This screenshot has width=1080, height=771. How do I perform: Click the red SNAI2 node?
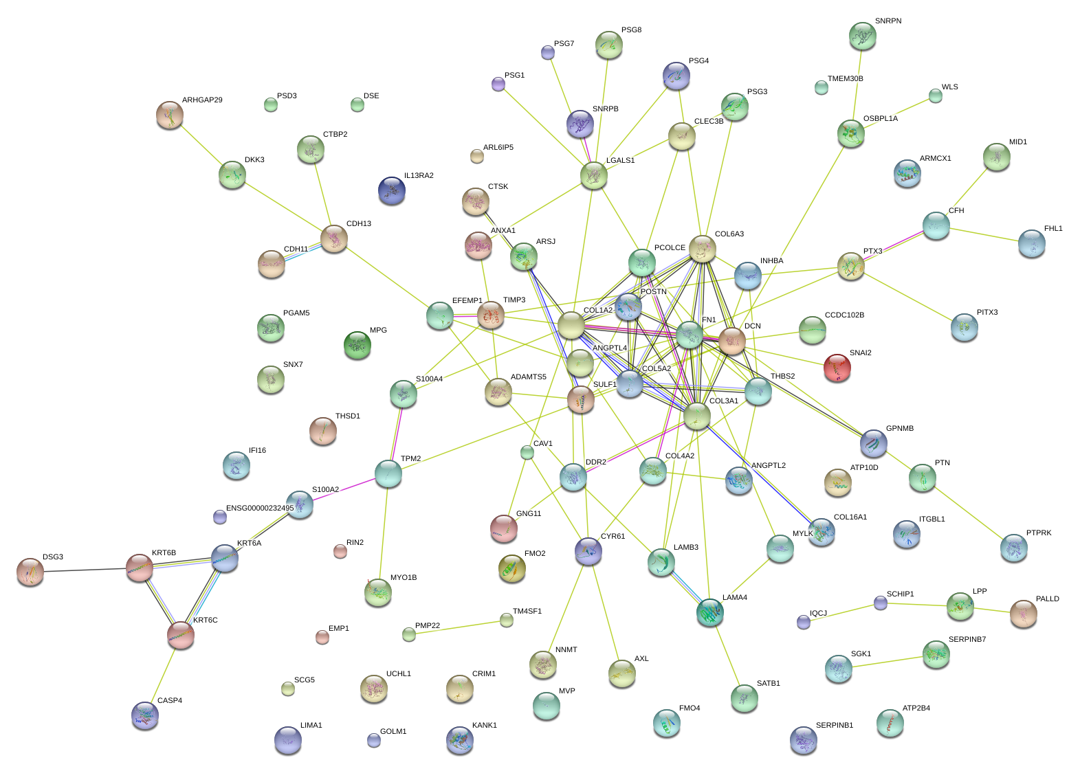pos(837,367)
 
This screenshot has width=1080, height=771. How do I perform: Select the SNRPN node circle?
pos(862,36)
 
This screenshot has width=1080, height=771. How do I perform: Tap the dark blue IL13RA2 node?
pos(392,190)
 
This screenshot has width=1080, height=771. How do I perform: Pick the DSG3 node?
pos(30,572)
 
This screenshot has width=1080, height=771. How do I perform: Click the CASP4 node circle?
pos(145,715)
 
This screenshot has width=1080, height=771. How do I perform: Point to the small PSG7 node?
pos(548,52)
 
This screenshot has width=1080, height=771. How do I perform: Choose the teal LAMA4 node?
pos(709,612)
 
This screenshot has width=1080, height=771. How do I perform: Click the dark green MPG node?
pos(357,344)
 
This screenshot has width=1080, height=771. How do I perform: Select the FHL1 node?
pos(1031,243)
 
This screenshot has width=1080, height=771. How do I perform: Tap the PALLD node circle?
pos(1023,613)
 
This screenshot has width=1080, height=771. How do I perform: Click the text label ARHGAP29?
pos(202,100)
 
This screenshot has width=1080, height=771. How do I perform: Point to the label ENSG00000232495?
pos(260,509)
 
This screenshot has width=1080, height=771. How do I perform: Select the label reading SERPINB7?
pos(967,639)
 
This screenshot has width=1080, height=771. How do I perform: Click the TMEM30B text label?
pos(845,78)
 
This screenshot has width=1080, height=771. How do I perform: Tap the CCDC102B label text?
pos(844,315)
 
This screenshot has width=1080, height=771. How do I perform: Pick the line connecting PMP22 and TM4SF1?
pos(458,627)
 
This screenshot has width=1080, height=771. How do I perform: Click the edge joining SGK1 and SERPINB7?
pos(887,661)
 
